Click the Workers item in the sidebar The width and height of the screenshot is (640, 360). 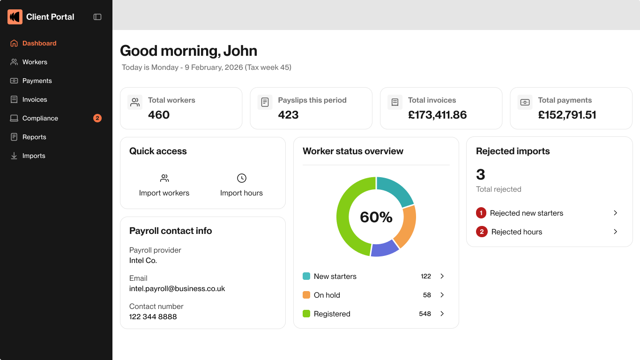click(x=35, y=62)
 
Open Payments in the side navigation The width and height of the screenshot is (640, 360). click(x=37, y=81)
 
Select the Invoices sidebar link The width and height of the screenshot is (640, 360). click(x=35, y=99)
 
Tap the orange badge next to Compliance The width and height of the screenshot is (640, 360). click(x=97, y=118)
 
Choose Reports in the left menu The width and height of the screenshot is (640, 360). click(x=34, y=137)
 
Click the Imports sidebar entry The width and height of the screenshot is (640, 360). click(x=34, y=156)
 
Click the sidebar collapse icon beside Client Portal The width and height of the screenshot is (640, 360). click(x=97, y=17)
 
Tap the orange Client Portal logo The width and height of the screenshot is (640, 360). click(x=15, y=17)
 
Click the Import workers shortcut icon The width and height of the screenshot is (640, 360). click(x=164, y=178)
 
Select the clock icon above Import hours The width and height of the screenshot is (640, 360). click(x=241, y=178)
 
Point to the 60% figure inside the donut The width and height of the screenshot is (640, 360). click(x=376, y=217)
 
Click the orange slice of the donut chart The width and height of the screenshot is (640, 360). click(x=406, y=226)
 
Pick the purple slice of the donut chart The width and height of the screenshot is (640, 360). click(x=385, y=248)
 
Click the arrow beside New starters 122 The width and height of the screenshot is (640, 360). click(x=442, y=276)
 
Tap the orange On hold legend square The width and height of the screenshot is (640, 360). click(x=306, y=295)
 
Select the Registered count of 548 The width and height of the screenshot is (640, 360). click(x=425, y=314)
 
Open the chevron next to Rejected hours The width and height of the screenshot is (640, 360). click(x=616, y=232)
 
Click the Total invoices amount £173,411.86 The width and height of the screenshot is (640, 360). click(x=437, y=115)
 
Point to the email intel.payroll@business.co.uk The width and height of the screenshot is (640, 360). click(x=177, y=289)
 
